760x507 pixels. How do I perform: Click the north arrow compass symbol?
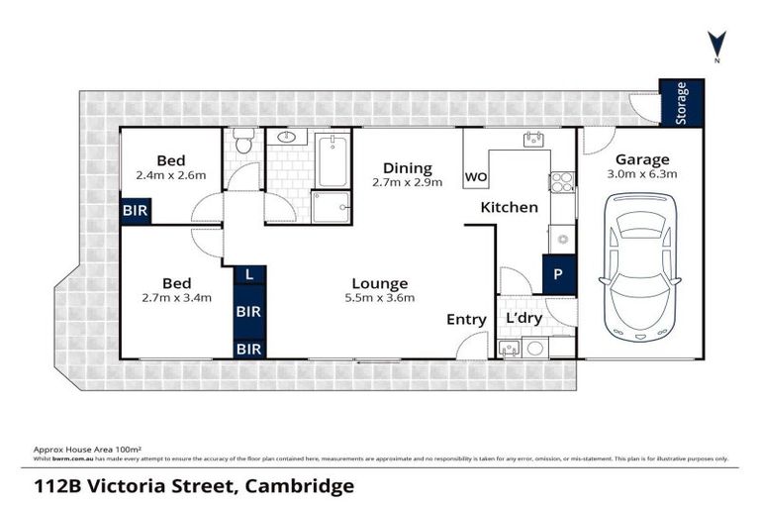point(716,45)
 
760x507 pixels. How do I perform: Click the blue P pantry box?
point(557,275)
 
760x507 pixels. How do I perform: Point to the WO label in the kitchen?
point(476,178)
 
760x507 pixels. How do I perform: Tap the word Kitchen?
point(509,207)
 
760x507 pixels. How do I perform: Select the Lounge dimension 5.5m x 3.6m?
point(380,298)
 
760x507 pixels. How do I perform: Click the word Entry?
point(466,319)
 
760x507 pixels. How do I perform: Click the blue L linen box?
point(248,273)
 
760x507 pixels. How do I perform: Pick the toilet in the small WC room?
point(243,144)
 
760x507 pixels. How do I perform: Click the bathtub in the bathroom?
point(332,161)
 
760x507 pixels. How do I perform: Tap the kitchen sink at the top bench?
point(533,140)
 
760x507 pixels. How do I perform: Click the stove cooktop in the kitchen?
point(561,182)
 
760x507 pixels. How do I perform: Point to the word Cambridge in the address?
point(292,486)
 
